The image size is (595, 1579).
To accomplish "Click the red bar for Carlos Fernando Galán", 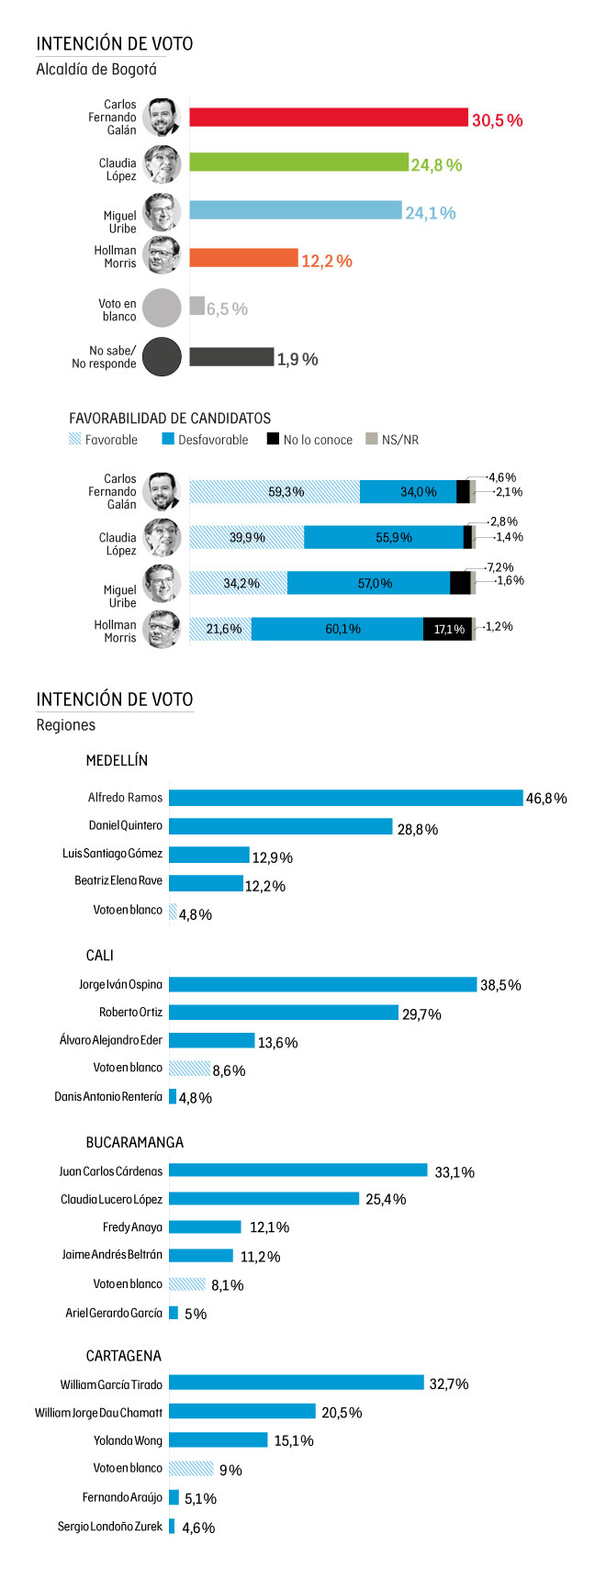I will (x=329, y=118).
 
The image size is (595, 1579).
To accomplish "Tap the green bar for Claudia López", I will (x=298, y=162).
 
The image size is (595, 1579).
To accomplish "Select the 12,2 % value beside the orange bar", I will (x=327, y=262).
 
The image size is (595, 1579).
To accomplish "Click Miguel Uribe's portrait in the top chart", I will (x=163, y=212).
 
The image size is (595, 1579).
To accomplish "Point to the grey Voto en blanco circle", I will (x=163, y=308).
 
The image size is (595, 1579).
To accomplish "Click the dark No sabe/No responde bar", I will (x=231, y=357).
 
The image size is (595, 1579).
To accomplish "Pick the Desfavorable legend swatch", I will (x=167, y=440).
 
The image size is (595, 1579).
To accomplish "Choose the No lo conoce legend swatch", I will (x=273, y=440).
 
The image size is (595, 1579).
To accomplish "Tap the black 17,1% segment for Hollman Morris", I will (x=448, y=629).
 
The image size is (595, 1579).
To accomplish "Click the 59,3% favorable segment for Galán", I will (x=275, y=492).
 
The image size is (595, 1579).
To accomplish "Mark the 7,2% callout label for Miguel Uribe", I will (x=501, y=567).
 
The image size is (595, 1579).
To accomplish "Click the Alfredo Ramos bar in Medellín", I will (x=345, y=798).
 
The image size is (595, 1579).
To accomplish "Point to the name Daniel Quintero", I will (x=126, y=825).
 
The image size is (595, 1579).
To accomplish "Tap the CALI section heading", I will (x=100, y=956).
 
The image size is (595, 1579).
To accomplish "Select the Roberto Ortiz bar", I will (x=284, y=1013).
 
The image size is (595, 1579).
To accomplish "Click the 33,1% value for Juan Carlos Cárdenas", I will (x=455, y=1172).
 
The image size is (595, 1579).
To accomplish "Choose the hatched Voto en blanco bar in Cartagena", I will (x=191, y=1469).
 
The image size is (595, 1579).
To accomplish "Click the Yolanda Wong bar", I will (x=219, y=1440).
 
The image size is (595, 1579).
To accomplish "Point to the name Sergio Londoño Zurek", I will (x=110, y=1527).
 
